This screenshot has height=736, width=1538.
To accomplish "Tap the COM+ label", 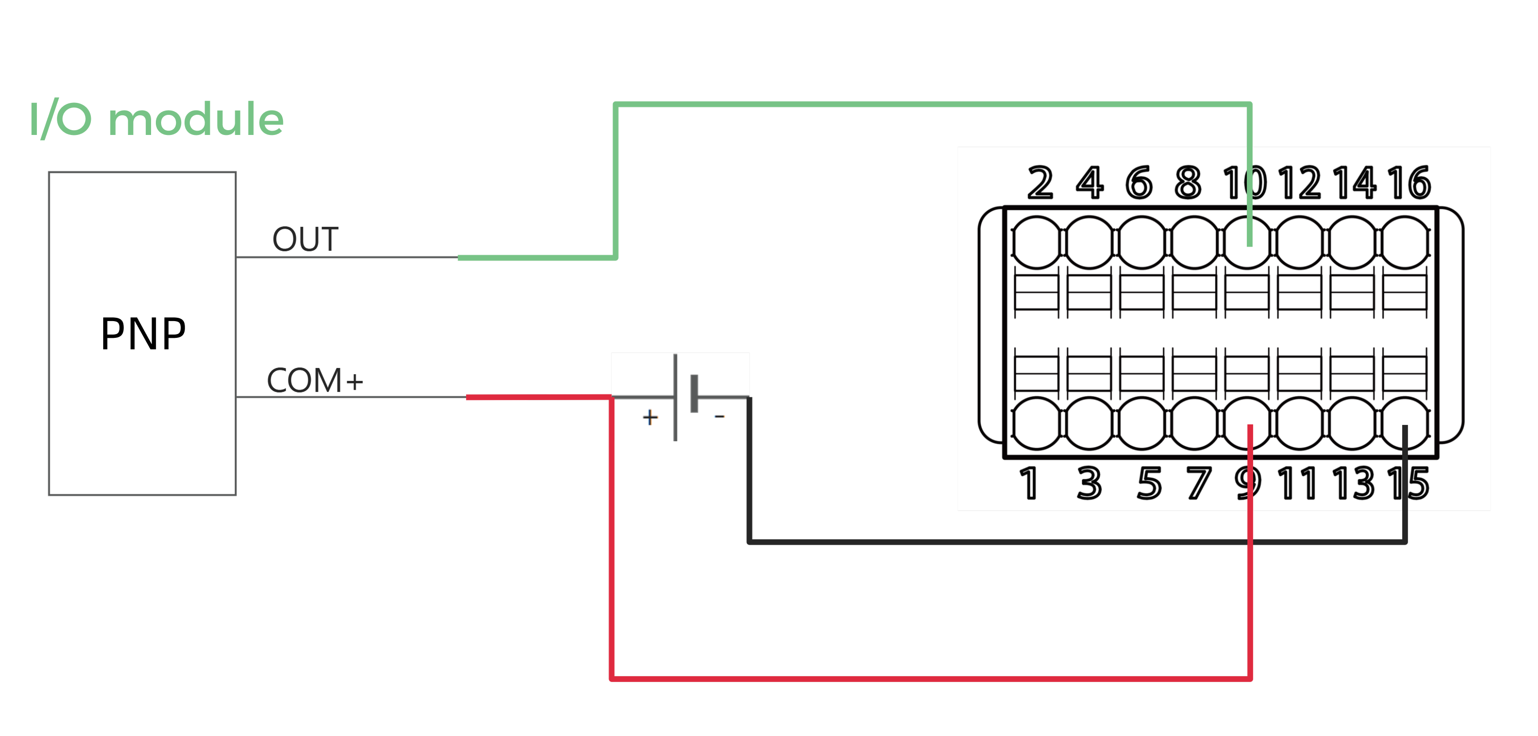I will pos(315,380).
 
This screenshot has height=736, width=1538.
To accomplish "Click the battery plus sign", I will pos(650,417).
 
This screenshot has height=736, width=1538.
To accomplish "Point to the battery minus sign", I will pos(720,416).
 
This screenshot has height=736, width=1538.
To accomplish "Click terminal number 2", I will pos(1040,183).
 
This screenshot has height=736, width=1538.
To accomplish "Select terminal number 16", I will pos(1409,183).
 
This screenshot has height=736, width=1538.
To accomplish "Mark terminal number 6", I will pos(1139,183).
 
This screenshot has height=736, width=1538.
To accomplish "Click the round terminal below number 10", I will pos(1247,243).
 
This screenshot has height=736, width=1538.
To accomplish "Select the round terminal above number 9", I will pos(1247,423).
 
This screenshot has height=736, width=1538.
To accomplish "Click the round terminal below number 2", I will pos(1036,243).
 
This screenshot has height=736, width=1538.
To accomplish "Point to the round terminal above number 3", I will pos(1089,423).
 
